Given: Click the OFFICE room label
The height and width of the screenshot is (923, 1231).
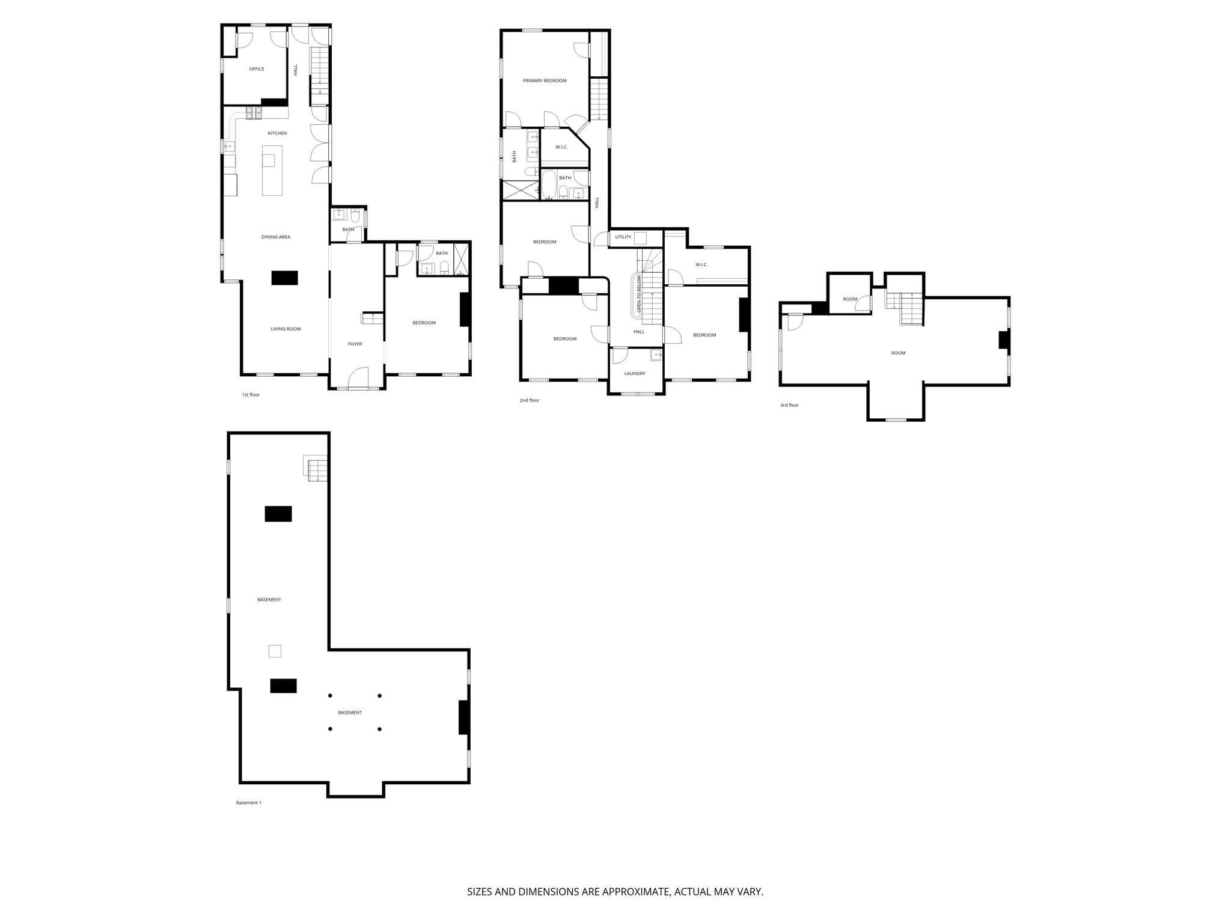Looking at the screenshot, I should [257, 69].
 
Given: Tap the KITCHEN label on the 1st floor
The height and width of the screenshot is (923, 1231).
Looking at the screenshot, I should [277, 133].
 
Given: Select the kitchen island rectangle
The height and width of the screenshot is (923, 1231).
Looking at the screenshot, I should [272, 171].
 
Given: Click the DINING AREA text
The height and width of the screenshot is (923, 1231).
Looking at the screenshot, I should [276, 237].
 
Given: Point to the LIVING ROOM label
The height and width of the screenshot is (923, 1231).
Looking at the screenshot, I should [286, 329].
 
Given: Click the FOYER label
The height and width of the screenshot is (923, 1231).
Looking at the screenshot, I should [355, 344].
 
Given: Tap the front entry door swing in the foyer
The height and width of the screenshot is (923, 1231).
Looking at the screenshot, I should [358, 377].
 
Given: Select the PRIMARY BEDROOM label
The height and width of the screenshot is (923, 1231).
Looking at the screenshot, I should [545, 81].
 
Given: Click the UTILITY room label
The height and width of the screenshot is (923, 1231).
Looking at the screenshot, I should [623, 237].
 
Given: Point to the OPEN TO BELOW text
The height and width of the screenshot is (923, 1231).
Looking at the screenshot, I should [639, 296].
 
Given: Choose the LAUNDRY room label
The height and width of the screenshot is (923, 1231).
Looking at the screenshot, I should [635, 374].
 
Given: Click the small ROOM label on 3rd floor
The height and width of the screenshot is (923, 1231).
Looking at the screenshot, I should [850, 299].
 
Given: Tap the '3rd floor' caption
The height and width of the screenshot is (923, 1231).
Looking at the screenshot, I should [789, 406].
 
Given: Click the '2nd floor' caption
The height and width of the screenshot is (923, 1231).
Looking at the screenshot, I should [530, 400].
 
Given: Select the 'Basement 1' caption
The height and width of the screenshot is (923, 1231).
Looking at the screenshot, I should [248, 803].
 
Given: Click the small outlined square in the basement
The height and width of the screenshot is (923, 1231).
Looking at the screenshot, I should [275, 651].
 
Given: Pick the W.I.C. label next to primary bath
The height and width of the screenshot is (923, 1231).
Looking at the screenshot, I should [561, 147].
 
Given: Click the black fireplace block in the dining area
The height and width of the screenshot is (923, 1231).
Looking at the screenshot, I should [284, 278].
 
